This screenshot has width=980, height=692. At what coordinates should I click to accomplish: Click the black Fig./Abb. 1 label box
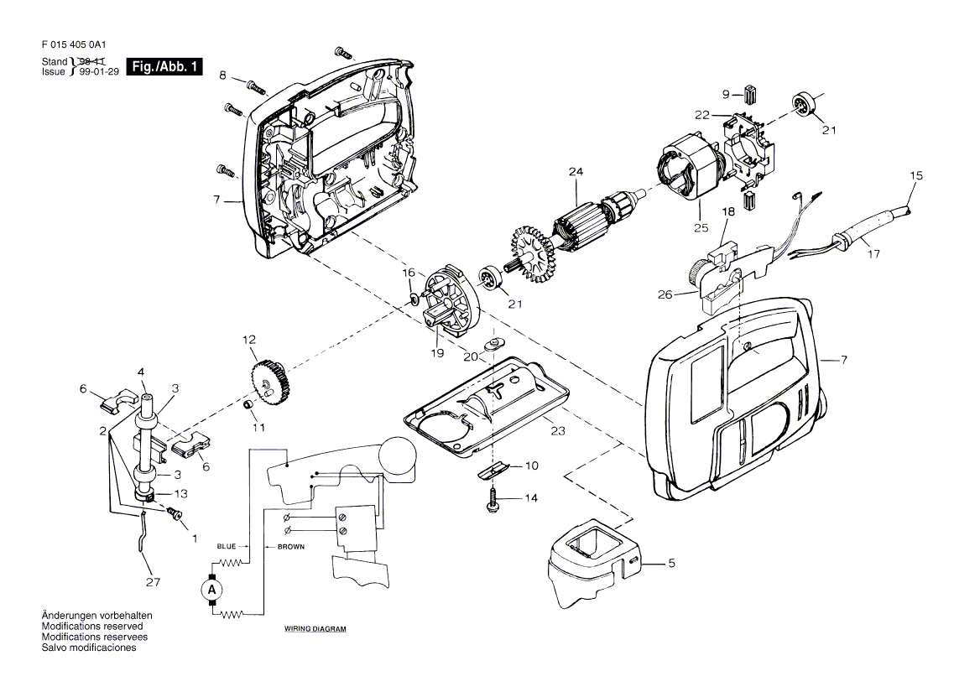pyautogui.click(x=164, y=66)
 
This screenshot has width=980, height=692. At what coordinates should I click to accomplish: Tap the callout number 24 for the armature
pyautogui.click(x=576, y=171)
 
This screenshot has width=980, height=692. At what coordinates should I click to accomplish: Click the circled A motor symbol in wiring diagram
pyautogui.click(x=211, y=589)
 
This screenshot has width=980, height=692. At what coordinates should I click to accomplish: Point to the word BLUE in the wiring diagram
pyautogui.click(x=227, y=547)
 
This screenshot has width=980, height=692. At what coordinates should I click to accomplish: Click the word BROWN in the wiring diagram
pyautogui.click(x=291, y=547)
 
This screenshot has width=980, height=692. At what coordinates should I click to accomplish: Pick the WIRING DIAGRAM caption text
pyautogui.click(x=315, y=629)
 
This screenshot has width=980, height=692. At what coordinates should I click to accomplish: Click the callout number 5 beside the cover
pyautogui.click(x=671, y=563)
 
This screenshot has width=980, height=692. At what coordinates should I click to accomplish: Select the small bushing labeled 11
pyautogui.click(x=248, y=405)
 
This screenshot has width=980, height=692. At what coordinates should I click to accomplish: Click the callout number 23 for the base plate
pyautogui.click(x=558, y=431)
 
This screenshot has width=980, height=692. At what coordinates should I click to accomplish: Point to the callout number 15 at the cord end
pyautogui.click(x=915, y=175)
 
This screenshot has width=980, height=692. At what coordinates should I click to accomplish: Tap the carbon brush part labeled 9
pyautogui.click(x=751, y=95)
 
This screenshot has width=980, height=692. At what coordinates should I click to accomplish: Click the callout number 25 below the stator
pyautogui.click(x=701, y=228)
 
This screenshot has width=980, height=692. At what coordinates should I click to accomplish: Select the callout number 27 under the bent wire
pyautogui.click(x=153, y=582)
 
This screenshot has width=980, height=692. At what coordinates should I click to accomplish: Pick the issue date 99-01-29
pyautogui.click(x=99, y=72)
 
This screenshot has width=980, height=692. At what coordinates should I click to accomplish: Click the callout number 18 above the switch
pyautogui.click(x=728, y=211)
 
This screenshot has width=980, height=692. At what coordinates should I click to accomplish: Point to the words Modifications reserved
pyautogui.click(x=92, y=626)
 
